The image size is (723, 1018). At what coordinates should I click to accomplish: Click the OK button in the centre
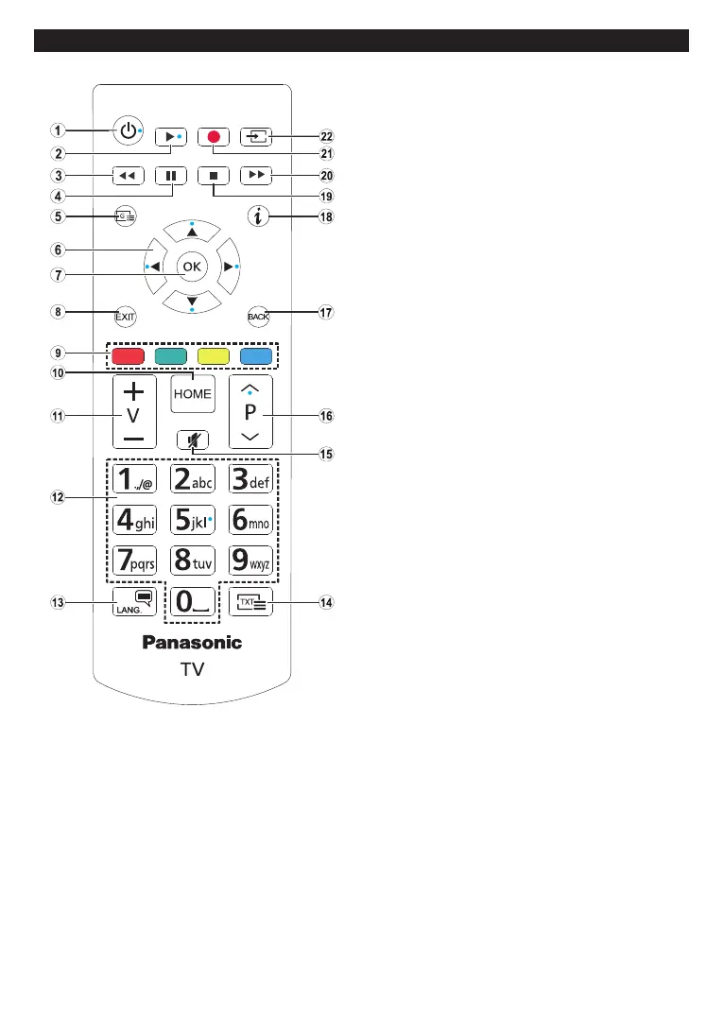(x=192, y=267)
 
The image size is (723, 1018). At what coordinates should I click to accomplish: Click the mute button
(x=193, y=439)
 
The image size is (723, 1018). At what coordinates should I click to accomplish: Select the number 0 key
(x=192, y=602)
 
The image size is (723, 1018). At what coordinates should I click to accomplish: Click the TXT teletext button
(x=250, y=602)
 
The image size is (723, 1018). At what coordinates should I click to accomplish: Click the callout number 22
(x=328, y=136)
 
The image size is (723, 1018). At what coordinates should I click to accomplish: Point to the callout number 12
(x=59, y=496)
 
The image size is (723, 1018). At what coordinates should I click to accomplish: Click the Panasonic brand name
(x=192, y=643)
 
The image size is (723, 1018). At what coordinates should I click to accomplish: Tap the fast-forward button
(x=256, y=175)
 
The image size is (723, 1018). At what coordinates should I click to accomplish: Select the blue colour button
(x=256, y=357)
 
